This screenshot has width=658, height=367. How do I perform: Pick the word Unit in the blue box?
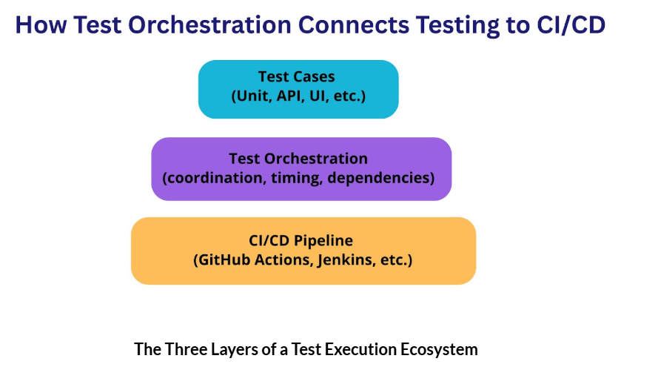252,96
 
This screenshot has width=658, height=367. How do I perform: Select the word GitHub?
221,260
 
